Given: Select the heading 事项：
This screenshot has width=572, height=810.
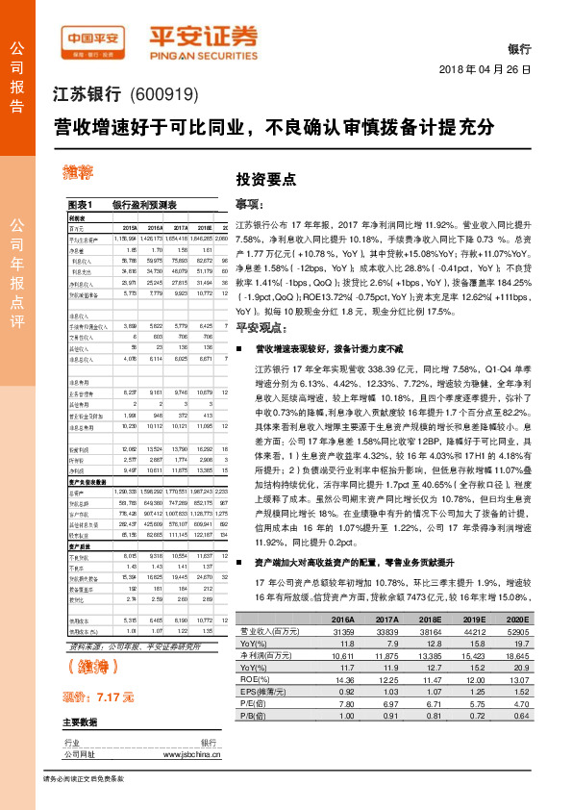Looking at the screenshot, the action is pos(250,204).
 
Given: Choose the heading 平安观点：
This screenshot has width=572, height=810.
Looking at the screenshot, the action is pos(257,328).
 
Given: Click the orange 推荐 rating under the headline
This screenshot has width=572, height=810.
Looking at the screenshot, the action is pos(79,173).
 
